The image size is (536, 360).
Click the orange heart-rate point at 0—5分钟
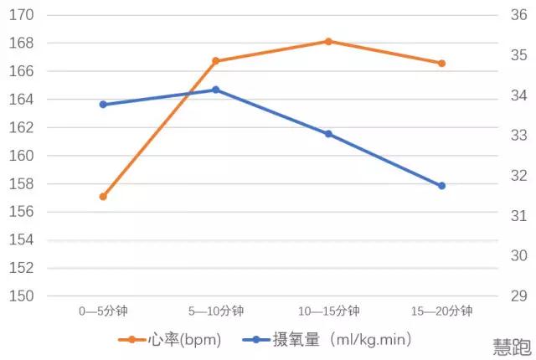tap(103, 197)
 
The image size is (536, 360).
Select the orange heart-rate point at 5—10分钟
tap(215, 61)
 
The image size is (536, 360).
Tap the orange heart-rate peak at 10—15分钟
tap(328, 41)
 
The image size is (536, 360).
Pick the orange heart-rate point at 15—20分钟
tap(441, 64)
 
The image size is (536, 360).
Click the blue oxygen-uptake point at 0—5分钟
tap(103, 105)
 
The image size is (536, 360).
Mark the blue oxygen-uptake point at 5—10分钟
tap(215, 90)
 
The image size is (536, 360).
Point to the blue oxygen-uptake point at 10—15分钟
tap(328, 134)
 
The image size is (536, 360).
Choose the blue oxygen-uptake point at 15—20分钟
tap(441, 186)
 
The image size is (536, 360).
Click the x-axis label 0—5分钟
tap(103, 311)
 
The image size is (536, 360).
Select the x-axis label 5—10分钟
tap(215, 311)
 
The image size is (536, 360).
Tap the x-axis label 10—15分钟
tap(328, 311)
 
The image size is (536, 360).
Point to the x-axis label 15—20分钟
tap(441, 311)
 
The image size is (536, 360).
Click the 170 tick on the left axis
tap(23, 15)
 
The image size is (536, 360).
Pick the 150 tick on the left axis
tap(23, 296)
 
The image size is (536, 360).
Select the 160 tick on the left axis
tap(23, 156)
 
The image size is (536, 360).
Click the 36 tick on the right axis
tap(516, 15)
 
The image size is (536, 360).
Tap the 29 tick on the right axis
tap(516, 296)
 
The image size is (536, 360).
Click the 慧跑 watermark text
tap(511, 345)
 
